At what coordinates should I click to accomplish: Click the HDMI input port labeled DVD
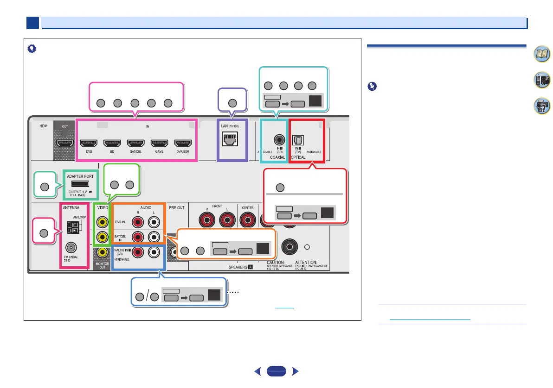(x=88, y=144)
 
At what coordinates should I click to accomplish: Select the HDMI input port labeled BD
(x=112, y=144)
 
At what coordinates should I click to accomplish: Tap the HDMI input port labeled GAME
(x=159, y=144)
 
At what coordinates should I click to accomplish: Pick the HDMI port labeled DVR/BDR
(x=183, y=144)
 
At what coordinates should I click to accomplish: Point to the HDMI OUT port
(x=64, y=144)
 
